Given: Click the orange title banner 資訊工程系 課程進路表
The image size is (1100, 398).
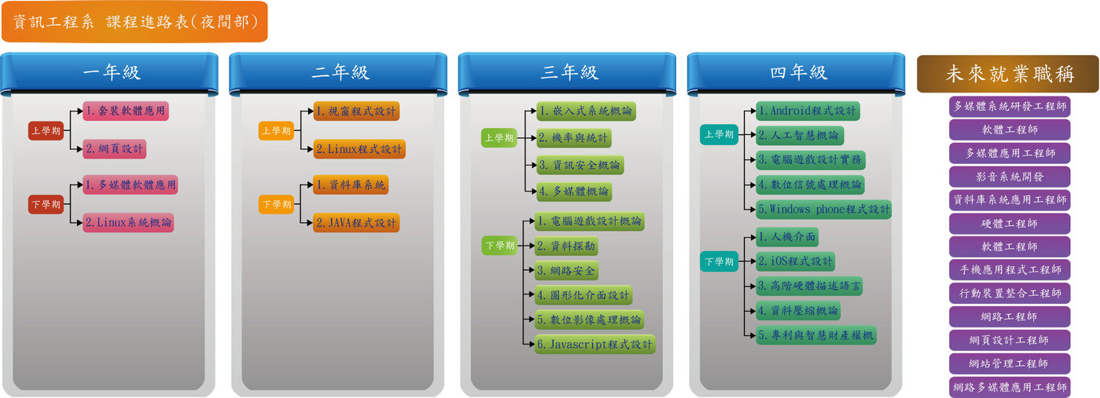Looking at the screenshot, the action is click(x=134, y=21).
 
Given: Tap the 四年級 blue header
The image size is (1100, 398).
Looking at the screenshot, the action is click(x=796, y=73).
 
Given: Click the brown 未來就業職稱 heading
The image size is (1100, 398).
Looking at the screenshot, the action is click(x=1008, y=74).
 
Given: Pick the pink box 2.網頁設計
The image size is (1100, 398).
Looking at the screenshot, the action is click(x=115, y=149).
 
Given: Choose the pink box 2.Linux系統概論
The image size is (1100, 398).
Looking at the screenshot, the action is click(x=128, y=222).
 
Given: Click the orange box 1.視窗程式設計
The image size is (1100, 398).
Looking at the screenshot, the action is click(x=356, y=111).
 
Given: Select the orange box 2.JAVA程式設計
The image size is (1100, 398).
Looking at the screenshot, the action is click(x=356, y=223).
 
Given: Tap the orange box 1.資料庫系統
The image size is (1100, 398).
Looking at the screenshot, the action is click(x=351, y=184).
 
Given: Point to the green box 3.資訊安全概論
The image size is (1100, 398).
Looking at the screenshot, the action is click(x=580, y=165).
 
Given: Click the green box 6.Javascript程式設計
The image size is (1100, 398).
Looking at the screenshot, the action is click(x=594, y=345).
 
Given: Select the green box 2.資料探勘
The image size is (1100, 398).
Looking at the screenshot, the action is click(x=566, y=246).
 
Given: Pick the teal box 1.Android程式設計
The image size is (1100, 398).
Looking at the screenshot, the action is click(x=808, y=111).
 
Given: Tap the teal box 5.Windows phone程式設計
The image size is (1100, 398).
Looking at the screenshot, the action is click(x=823, y=210).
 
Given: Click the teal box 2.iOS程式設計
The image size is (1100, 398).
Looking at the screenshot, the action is click(x=796, y=261).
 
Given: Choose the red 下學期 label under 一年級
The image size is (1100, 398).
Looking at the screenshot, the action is click(x=46, y=204).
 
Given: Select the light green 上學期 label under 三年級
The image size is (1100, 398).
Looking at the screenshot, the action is click(x=499, y=137).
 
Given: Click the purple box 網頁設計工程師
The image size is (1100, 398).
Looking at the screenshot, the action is click(x=1009, y=340).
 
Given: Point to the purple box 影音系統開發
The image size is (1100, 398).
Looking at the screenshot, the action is click(x=1009, y=177).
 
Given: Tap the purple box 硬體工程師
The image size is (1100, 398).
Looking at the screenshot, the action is click(x=1009, y=224).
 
